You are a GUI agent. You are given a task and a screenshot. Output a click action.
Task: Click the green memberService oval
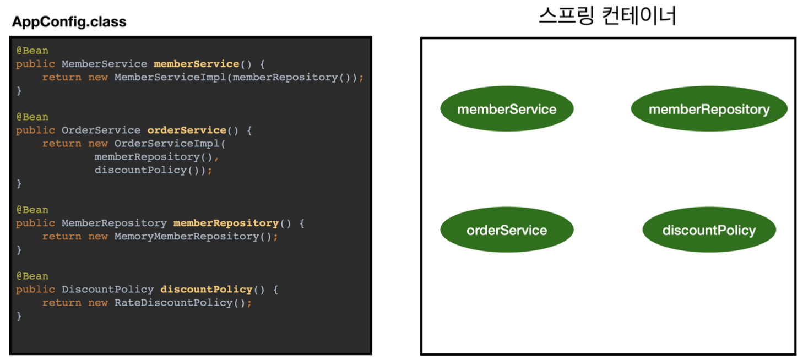pyautogui.click(x=507, y=109)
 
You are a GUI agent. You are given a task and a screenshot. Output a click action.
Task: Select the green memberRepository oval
pyautogui.click(x=709, y=109)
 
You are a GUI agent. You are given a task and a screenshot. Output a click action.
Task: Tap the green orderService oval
pyautogui.click(x=507, y=230)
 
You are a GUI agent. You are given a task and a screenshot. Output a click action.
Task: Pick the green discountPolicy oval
pyautogui.click(x=709, y=230)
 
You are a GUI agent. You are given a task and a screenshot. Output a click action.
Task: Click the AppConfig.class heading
pyautogui.click(x=69, y=22)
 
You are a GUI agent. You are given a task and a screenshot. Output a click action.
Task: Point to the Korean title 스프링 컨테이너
pyautogui.click(x=607, y=16)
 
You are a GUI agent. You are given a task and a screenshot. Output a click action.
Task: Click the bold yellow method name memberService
pyautogui.click(x=196, y=64)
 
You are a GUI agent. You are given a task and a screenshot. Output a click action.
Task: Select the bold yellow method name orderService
pyautogui.click(x=187, y=130)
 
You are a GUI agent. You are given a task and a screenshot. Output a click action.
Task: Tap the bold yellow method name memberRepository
pyautogui.click(x=226, y=223)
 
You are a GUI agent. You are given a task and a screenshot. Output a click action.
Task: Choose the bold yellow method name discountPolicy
pyautogui.click(x=206, y=290)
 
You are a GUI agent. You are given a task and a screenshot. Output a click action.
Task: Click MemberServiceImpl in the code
pyautogui.click(x=171, y=77)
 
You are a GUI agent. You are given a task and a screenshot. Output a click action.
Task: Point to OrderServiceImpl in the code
pyautogui.click(x=167, y=144)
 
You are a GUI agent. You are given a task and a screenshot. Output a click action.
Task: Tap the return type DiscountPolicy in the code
pyautogui.click(x=107, y=290)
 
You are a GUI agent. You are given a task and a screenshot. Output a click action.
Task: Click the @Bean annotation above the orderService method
pyautogui.click(x=32, y=117)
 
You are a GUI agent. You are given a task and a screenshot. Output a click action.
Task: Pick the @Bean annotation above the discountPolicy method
pyautogui.click(x=32, y=276)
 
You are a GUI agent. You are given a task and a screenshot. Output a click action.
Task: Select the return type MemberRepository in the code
pyautogui.click(x=114, y=223)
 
